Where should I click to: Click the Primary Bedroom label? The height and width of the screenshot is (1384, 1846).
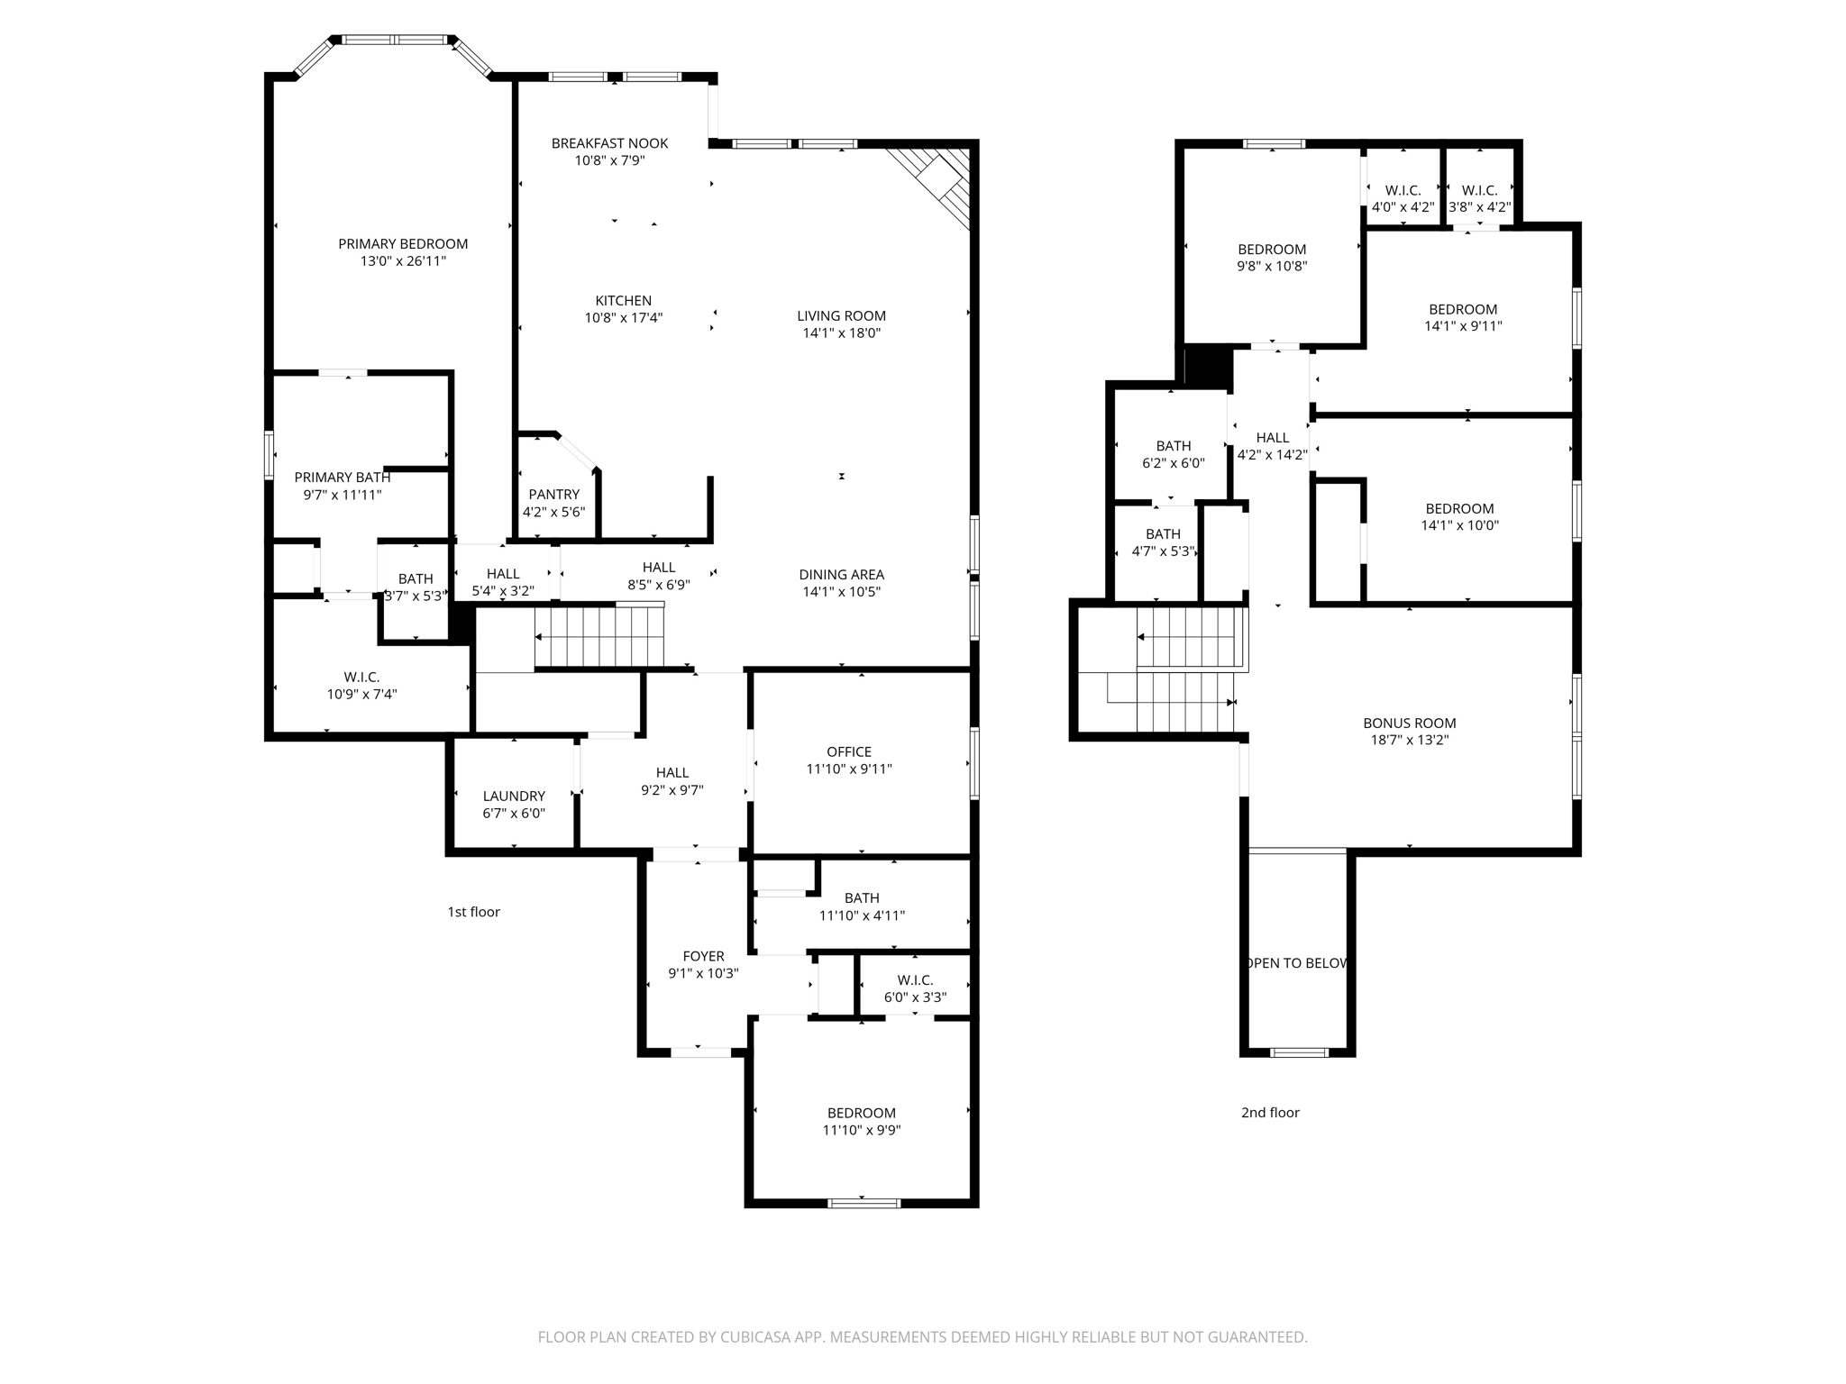coord(403,243)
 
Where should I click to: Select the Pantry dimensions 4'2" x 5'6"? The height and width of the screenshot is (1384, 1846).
coord(553,512)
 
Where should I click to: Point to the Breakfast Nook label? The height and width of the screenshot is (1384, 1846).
coord(609,143)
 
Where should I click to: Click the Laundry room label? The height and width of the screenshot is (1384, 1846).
coord(514,796)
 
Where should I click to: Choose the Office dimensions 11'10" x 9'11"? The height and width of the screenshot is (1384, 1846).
coord(849,769)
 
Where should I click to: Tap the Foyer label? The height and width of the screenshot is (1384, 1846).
coord(703,956)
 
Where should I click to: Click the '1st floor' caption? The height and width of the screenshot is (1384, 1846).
coord(473,912)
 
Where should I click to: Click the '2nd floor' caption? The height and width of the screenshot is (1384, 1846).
coord(1270,1113)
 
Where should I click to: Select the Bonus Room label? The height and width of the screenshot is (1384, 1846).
coord(1409,723)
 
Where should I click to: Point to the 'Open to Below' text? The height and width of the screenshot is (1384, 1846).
coord(1297,963)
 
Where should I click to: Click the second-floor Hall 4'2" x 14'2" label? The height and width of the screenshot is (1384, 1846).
coord(1272,438)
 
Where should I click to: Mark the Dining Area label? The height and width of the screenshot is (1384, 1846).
coord(841,574)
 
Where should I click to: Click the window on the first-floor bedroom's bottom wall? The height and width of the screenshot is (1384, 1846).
coord(864,1203)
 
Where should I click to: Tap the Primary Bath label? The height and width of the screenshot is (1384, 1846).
coord(343,478)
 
